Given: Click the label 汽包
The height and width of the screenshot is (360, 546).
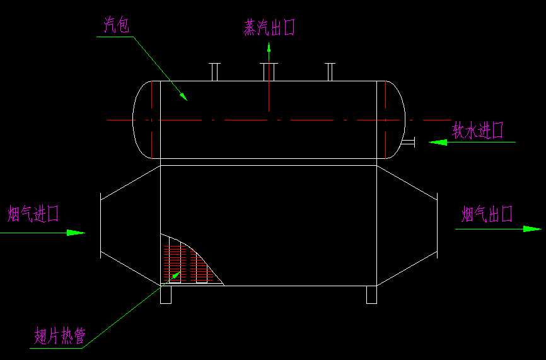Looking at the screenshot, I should [117, 26].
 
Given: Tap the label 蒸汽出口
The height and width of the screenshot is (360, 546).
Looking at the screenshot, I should [269, 27].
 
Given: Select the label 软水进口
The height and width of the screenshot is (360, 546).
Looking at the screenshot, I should [478, 130].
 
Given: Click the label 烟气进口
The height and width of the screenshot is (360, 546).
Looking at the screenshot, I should [33, 214].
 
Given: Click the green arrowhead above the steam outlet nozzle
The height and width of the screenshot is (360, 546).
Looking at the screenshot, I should [269, 47].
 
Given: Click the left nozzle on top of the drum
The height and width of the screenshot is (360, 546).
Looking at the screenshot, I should [214, 71].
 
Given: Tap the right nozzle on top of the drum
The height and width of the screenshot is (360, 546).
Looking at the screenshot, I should [328, 71].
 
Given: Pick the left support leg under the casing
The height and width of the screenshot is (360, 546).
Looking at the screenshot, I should [166, 294].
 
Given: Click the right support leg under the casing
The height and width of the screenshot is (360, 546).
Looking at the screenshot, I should [372, 294].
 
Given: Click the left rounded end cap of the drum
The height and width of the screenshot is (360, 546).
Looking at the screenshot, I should [142, 119].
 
